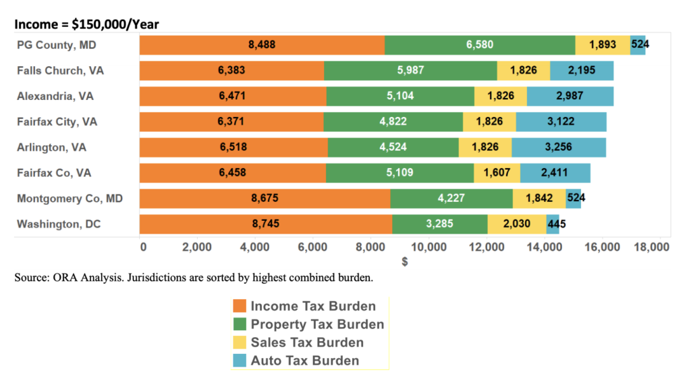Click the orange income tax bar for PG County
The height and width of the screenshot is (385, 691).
(x=262, y=45)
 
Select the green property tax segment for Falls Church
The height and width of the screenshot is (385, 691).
(x=410, y=71)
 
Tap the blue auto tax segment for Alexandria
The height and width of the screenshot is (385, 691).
(x=570, y=96)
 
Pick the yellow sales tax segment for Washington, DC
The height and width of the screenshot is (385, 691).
(x=516, y=224)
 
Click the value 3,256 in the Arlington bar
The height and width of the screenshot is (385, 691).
(x=558, y=147)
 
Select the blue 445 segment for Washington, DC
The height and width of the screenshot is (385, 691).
(x=553, y=224)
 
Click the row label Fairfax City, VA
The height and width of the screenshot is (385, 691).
(x=57, y=122)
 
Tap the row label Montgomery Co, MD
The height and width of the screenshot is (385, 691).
(x=69, y=198)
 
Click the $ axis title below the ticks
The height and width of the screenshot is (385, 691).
(x=404, y=262)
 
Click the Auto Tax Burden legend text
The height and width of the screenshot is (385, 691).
(x=305, y=360)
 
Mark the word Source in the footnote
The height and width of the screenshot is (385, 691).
(x=32, y=278)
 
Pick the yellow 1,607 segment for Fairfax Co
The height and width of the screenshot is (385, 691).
(x=496, y=173)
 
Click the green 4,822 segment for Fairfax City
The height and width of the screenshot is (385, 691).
(x=393, y=122)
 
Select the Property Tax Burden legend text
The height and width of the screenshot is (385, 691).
(x=317, y=324)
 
